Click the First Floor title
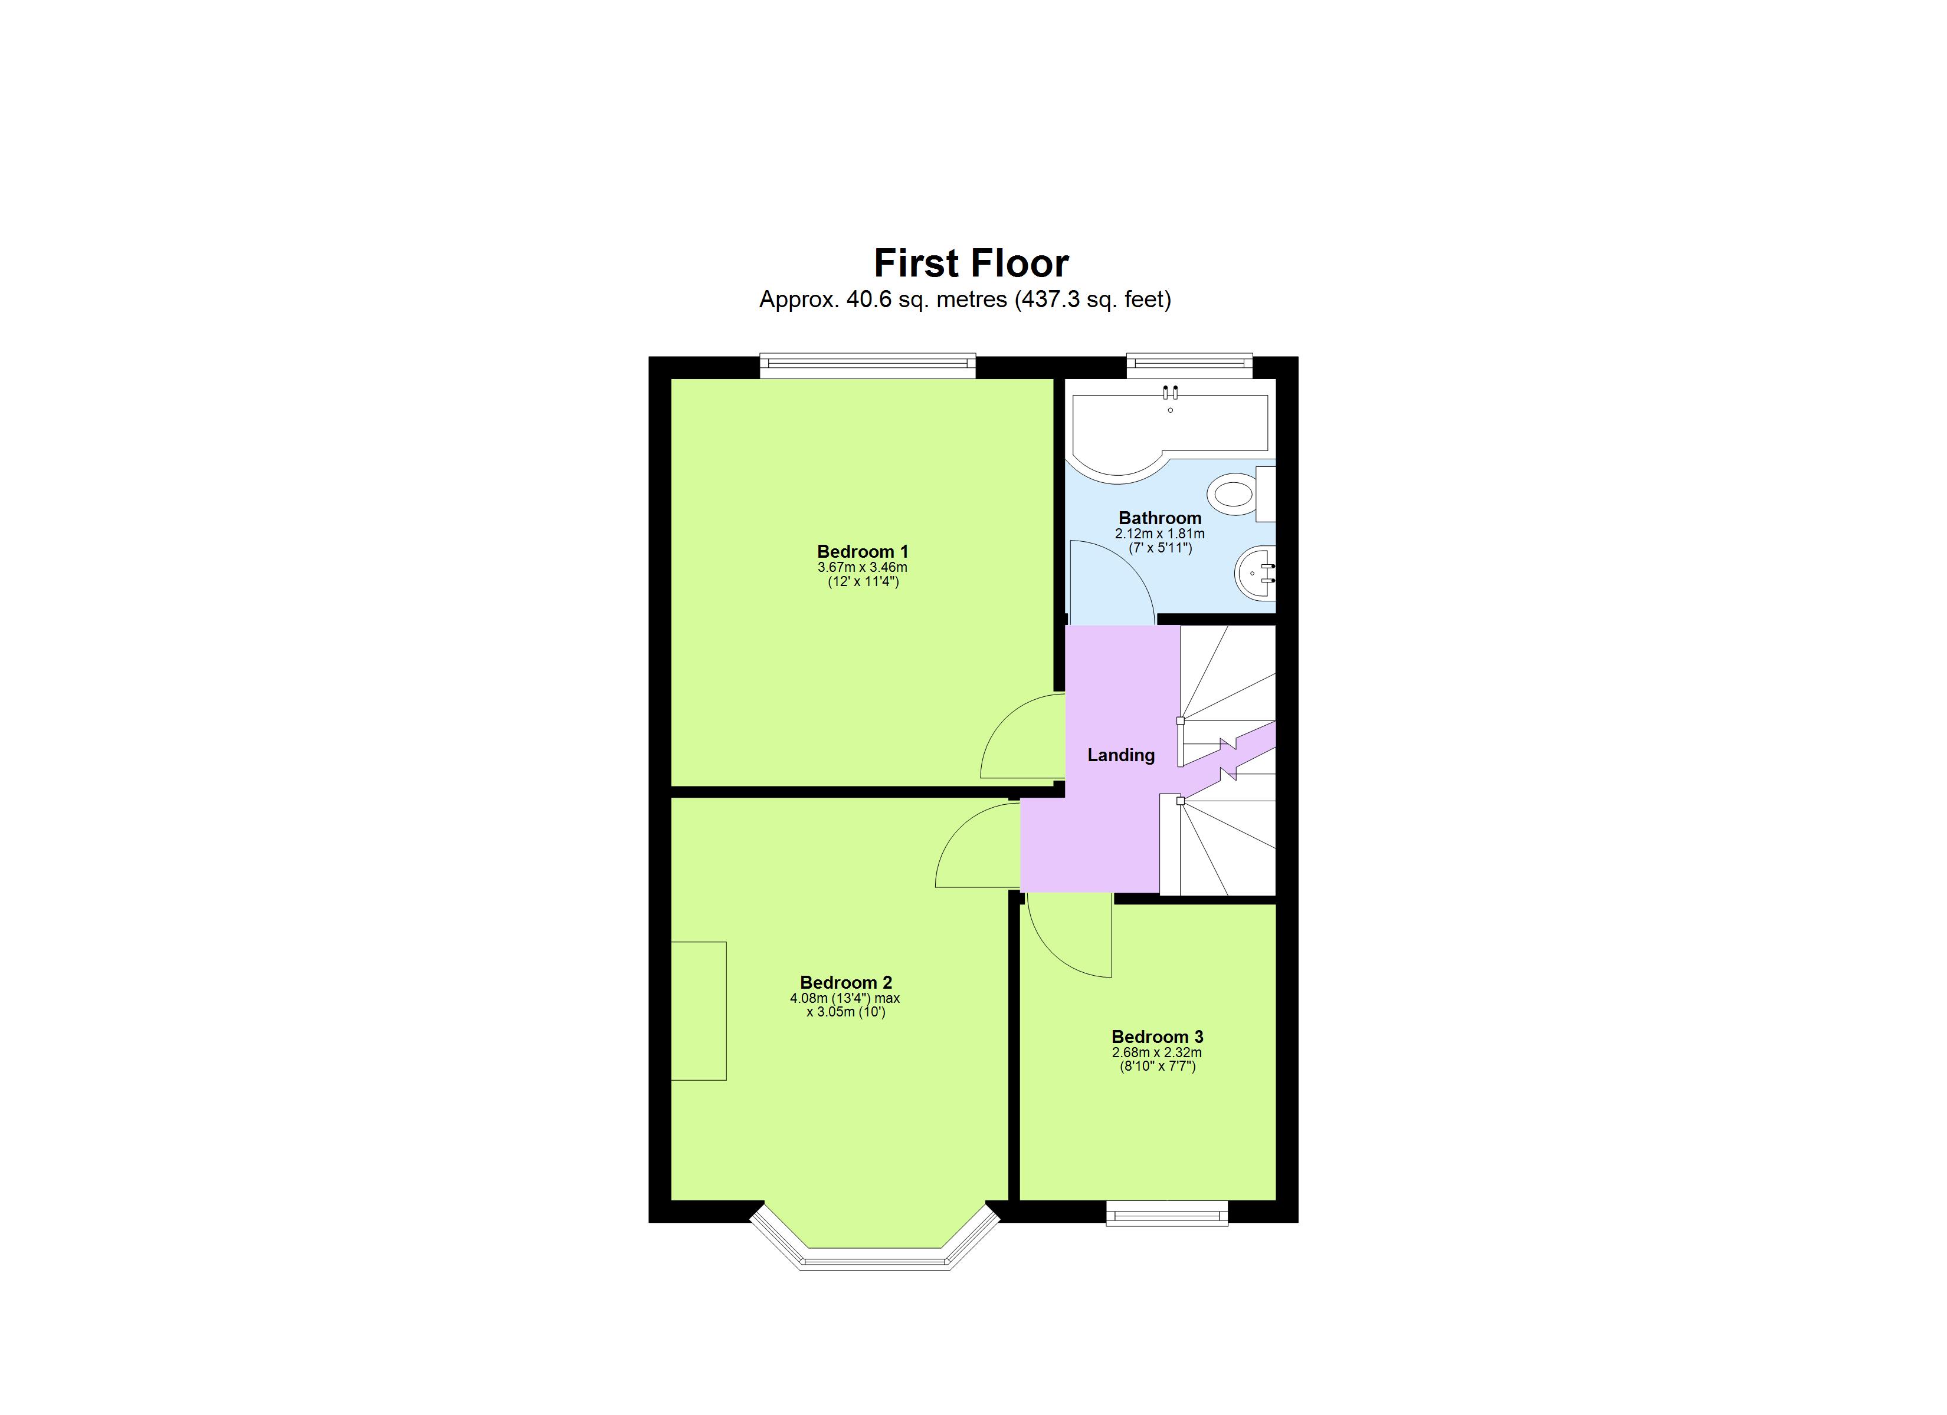(971, 264)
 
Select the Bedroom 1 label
(862, 552)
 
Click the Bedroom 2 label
(845, 982)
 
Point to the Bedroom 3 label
(1156, 1036)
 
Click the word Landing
(1120, 755)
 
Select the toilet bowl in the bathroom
(1233, 495)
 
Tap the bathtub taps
(1170, 394)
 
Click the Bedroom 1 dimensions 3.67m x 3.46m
(862, 567)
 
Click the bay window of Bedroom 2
(875, 1258)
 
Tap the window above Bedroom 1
(867, 366)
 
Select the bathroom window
(1189, 366)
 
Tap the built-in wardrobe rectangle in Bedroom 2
(699, 1011)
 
